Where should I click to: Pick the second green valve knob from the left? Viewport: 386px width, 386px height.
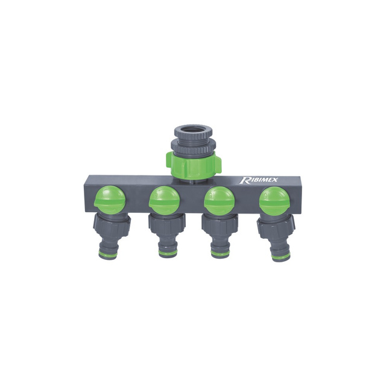163,200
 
